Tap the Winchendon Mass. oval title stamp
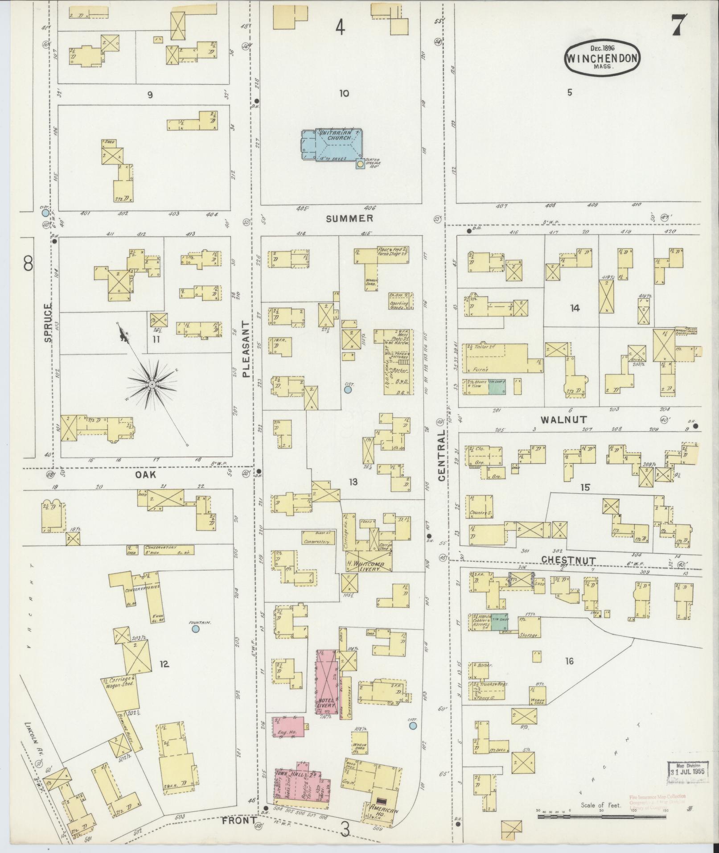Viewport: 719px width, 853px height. tap(602, 57)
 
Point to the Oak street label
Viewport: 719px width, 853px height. tap(145, 475)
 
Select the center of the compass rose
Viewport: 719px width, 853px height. tap(152, 383)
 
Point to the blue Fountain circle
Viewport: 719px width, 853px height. tap(195, 629)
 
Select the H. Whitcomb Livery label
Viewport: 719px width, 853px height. tap(368, 566)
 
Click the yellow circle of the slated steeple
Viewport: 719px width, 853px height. tap(359, 164)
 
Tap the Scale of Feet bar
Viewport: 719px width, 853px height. tap(602, 817)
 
